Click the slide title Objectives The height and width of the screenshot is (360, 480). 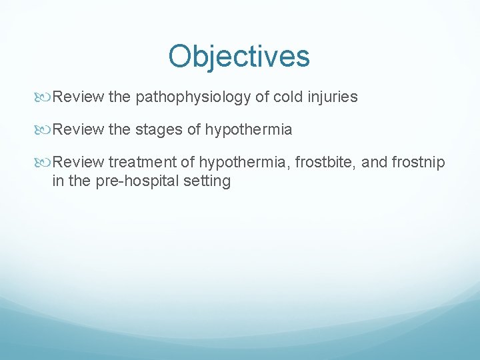[x=239, y=57]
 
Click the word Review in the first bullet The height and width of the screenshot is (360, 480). [x=78, y=97]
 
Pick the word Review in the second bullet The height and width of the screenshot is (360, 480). [x=78, y=130]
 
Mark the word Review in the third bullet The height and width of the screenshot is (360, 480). [x=78, y=163]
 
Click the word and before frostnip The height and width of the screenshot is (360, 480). [x=374, y=163]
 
